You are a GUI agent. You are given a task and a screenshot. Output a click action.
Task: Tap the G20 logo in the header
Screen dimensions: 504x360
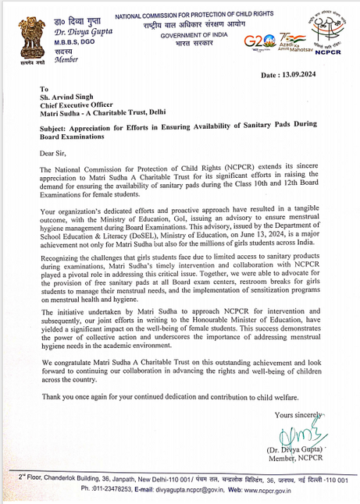point(259,44)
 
